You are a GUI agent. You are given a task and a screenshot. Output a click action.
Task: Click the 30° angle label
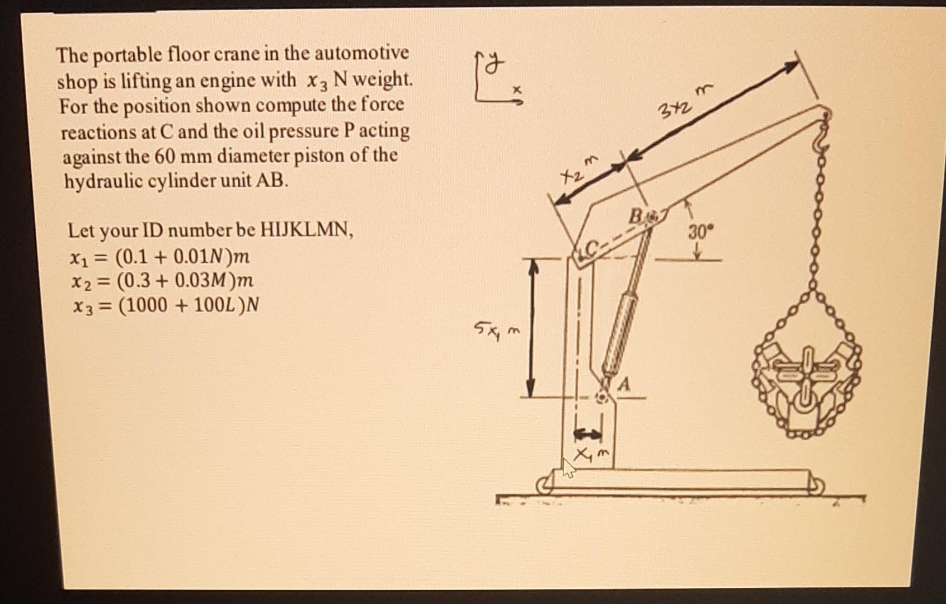[x=697, y=232]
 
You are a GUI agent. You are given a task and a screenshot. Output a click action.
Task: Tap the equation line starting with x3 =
[x=166, y=305]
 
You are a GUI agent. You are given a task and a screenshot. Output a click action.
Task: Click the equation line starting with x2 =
[x=163, y=280]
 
